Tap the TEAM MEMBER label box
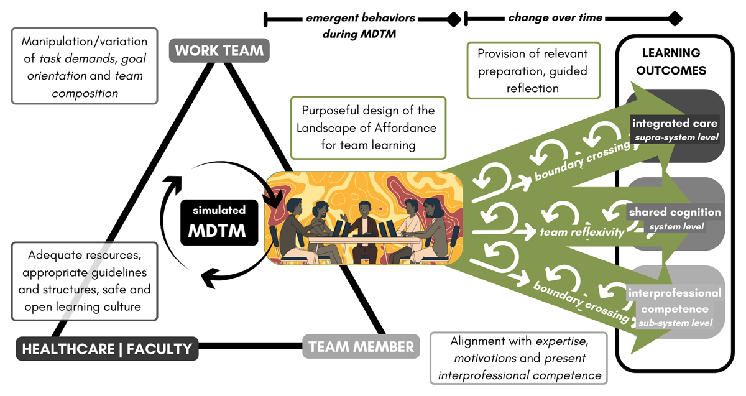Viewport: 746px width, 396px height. tap(361, 346)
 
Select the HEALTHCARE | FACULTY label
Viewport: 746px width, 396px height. tap(107, 349)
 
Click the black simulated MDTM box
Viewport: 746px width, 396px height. tap(219, 221)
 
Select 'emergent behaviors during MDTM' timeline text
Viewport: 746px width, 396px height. tap(361, 25)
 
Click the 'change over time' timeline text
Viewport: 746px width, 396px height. tap(555, 17)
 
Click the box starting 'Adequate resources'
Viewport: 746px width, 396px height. tap(85, 281)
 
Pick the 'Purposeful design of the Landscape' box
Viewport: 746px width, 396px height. tap(369, 127)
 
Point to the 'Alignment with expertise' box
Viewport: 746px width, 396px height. tap(518, 358)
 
